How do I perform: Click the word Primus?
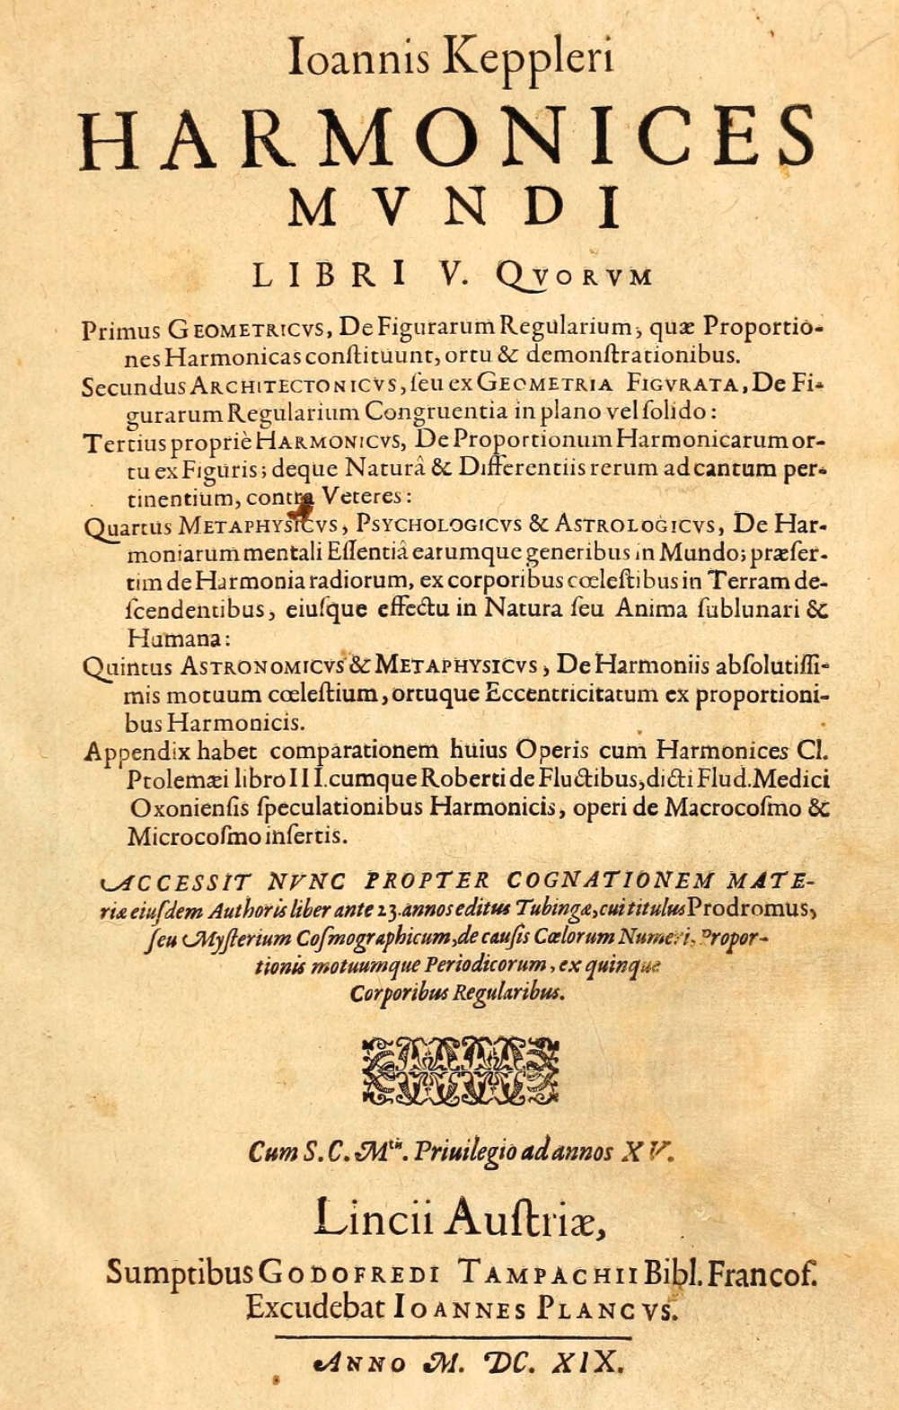(122, 330)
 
